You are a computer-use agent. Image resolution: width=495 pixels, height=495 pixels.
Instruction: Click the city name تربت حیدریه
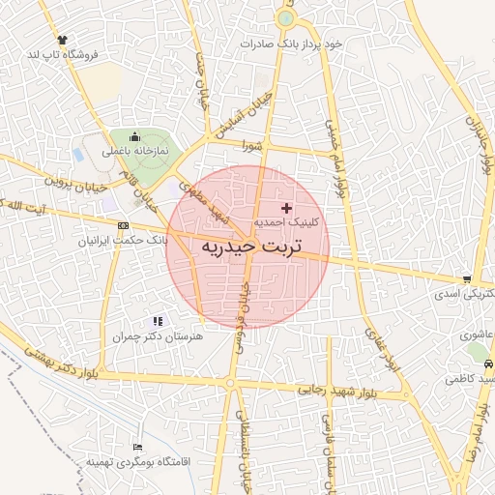coord(251,247)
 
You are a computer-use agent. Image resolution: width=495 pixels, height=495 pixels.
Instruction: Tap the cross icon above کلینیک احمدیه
coord(285,208)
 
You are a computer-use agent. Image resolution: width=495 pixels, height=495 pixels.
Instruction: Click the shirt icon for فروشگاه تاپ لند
coord(63,40)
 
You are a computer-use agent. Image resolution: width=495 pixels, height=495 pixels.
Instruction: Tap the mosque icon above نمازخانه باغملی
coord(133,137)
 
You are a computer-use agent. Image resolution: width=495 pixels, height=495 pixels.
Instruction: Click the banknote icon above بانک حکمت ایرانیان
coord(122,225)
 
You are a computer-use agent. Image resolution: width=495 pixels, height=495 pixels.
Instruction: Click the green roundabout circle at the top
coord(285,18)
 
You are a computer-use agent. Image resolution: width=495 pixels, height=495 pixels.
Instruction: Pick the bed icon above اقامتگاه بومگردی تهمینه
coord(137,448)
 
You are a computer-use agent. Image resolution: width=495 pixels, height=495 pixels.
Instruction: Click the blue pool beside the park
coord(77,155)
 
